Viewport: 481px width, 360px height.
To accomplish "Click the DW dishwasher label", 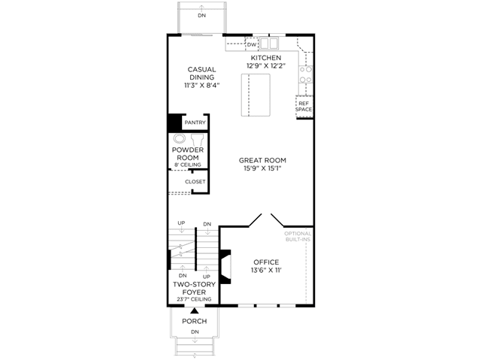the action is (x=252, y=45).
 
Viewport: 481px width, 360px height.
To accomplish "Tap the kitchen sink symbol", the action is (x=269, y=43).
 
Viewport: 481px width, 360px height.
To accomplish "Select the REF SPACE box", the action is (x=304, y=107).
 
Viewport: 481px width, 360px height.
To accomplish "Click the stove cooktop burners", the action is (x=306, y=74).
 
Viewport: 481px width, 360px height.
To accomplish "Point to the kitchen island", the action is (x=256, y=95).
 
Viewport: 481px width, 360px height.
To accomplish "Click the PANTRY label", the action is (x=195, y=123).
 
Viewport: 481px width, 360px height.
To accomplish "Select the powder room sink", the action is (x=179, y=138).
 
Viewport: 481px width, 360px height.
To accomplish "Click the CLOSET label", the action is (x=195, y=182).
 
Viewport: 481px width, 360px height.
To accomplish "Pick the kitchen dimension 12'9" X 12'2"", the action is (x=266, y=65).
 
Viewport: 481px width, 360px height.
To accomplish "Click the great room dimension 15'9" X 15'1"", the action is (x=262, y=168).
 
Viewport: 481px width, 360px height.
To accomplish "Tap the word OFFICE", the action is (x=266, y=262).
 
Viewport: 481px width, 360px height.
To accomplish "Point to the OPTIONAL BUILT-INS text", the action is (x=298, y=237).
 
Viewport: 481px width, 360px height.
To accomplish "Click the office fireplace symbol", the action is (x=225, y=267).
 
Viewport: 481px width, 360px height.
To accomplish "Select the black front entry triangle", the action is (x=194, y=311).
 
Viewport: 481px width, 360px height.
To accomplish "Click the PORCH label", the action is (x=194, y=322).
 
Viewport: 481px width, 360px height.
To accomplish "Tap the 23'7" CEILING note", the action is (x=194, y=299).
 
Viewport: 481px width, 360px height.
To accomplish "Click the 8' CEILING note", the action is (x=188, y=165).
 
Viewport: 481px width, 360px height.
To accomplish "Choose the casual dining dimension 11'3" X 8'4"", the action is (x=202, y=85).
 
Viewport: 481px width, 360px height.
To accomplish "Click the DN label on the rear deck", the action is (x=201, y=15).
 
